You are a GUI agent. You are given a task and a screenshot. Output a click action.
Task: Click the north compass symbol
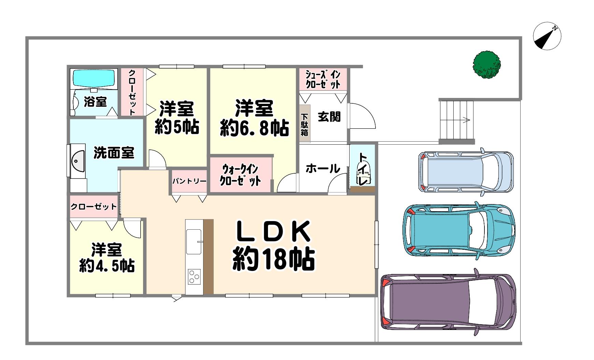click(547, 36)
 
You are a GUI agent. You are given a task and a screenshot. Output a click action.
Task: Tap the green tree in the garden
click(487, 64)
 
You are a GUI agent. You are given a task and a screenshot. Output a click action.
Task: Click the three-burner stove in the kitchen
click(195, 277)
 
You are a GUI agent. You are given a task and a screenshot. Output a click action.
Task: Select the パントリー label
click(189, 181)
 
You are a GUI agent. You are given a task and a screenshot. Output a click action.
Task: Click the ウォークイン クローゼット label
click(241, 175)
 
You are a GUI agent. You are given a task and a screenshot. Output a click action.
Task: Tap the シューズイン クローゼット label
click(323, 79)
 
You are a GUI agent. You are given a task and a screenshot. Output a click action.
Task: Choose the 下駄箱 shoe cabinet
click(304, 125)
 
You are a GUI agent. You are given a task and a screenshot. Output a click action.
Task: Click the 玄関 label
click(329, 117)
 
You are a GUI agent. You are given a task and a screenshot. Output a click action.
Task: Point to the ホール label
click(323, 169)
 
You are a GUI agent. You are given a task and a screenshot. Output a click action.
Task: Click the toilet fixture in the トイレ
click(362, 173)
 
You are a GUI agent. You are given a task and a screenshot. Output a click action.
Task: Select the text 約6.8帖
click(254, 129)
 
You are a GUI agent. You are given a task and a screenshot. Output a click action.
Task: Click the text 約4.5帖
click(107, 266)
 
